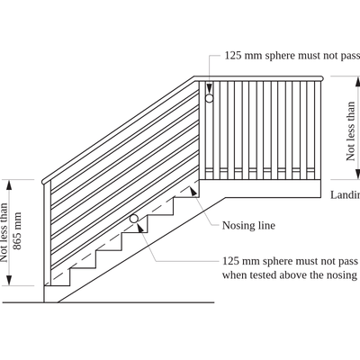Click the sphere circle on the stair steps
click(x=134, y=218)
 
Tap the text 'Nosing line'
click(x=248, y=225)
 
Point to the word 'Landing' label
click(x=345, y=194)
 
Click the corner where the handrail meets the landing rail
click(x=197, y=81)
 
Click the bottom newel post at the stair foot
click(x=48, y=234)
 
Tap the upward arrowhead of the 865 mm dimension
click(x=11, y=182)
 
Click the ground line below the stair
click(x=135, y=302)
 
